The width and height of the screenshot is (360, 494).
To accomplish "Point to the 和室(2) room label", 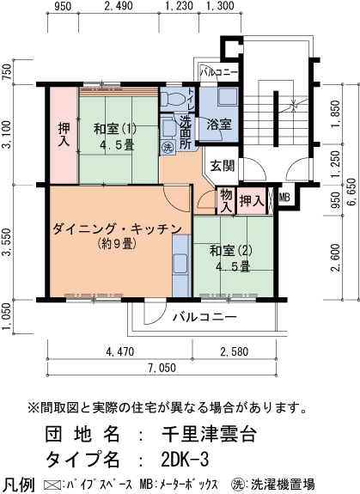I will click(x=231, y=258).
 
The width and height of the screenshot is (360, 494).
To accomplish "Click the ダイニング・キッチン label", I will click(x=115, y=229).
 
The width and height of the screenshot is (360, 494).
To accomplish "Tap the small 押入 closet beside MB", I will click(x=251, y=200).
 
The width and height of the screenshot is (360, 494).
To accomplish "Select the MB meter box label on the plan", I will click(x=284, y=199).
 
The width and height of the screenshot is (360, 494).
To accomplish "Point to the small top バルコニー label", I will click(x=219, y=73).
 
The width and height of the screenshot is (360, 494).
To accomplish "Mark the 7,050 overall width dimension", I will click(x=162, y=369).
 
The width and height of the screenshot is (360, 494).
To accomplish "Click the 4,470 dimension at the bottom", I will click(x=119, y=351).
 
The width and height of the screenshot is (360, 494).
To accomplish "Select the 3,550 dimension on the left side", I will click(x=7, y=242).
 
